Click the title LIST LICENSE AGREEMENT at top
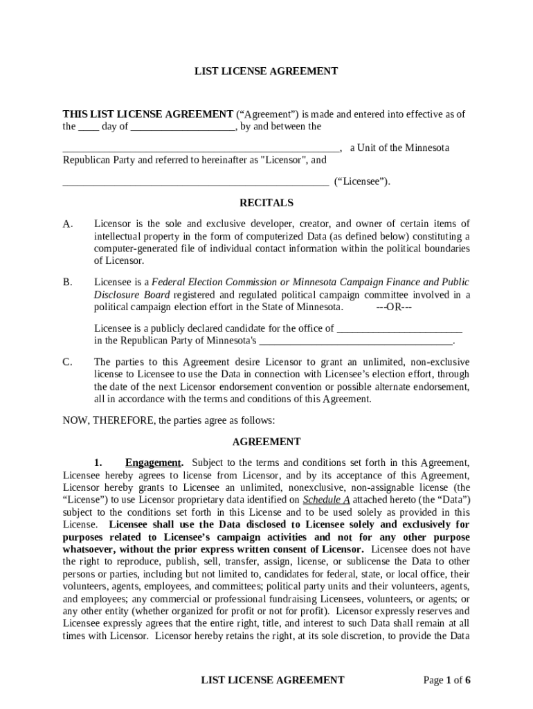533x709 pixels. tap(266, 71)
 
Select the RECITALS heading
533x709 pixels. tap(266, 203)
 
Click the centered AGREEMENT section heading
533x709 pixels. tap(266, 442)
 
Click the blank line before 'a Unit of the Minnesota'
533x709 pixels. tap(201, 149)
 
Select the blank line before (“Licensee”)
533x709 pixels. tap(195, 183)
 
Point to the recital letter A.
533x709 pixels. tap(67, 224)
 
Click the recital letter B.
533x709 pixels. tap(67, 282)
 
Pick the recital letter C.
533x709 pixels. tap(67, 362)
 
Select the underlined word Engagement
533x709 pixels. tap(153, 463)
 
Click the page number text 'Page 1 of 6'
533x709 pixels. tap(446, 680)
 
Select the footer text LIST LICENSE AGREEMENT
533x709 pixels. tap(272, 680)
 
